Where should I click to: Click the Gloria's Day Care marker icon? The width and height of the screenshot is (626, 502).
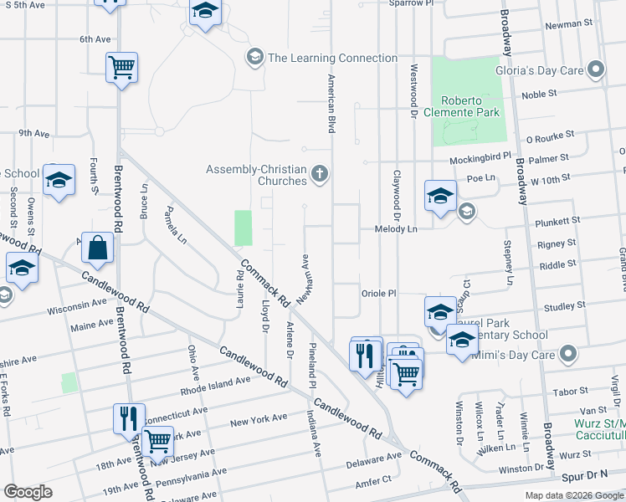[x=596, y=70]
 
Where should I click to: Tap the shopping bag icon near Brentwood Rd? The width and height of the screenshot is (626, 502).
[x=98, y=248]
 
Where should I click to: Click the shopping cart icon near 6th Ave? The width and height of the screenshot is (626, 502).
[x=121, y=68]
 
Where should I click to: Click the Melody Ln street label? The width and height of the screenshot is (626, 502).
[x=400, y=228]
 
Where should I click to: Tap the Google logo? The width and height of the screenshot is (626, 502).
[x=28, y=492]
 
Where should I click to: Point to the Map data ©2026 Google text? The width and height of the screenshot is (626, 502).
[x=573, y=495]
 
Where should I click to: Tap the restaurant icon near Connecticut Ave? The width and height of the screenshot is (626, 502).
[x=128, y=417]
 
